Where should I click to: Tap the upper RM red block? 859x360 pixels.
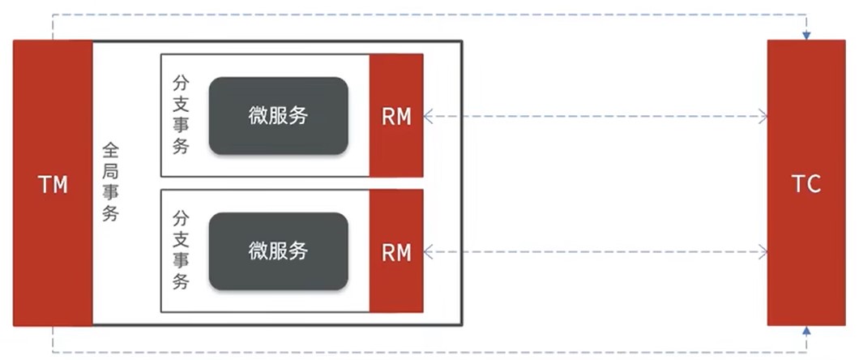[x=396, y=116]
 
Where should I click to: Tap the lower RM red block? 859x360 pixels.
[x=396, y=251]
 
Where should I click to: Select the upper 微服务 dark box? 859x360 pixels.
[x=278, y=115]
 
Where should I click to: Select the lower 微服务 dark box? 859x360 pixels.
[x=278, y=251]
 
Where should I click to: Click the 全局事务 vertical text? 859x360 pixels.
[x=111, y=182]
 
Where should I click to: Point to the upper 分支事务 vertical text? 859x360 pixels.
[x=182, y=115]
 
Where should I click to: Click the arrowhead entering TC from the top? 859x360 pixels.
[x=806, y=35]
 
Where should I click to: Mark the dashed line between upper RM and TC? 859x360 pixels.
[x=596, y=118]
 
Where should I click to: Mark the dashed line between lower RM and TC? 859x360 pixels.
[x=596, y=252]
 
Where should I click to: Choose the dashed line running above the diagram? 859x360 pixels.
[x=429, y=15]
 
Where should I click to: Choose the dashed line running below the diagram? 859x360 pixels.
[x=429, y=352]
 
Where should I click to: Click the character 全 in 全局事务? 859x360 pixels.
[x=111, y=151]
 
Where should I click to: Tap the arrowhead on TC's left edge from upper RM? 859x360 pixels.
[x=763, y=118]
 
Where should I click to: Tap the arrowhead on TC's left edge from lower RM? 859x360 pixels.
[x=763, y=252]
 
